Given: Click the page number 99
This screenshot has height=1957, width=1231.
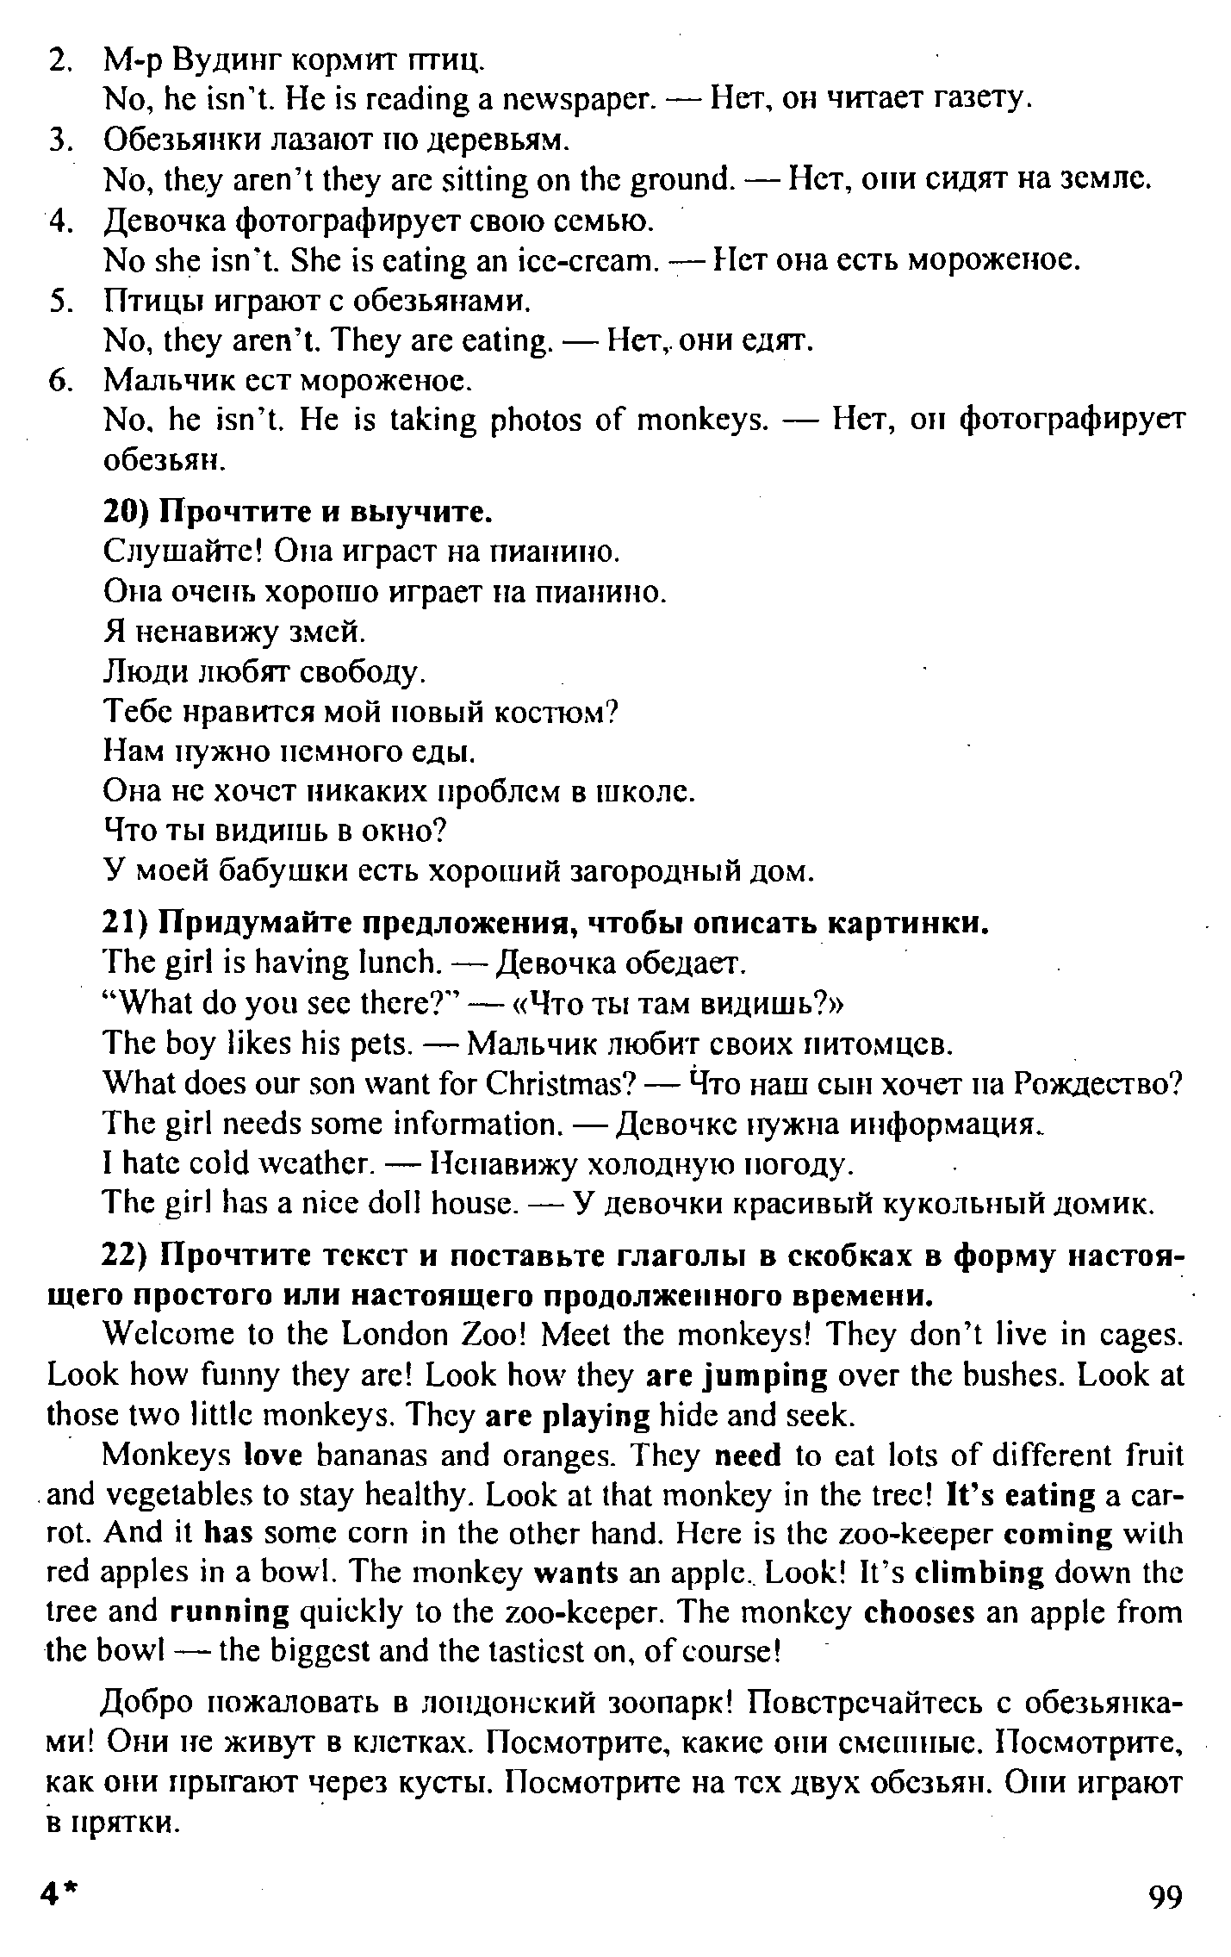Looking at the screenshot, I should click(x=1166, y=1897).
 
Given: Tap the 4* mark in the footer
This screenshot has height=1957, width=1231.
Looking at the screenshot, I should click(x=59, y=1897).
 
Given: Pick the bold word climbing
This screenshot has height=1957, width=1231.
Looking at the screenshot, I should click(x=978, y=1573).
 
